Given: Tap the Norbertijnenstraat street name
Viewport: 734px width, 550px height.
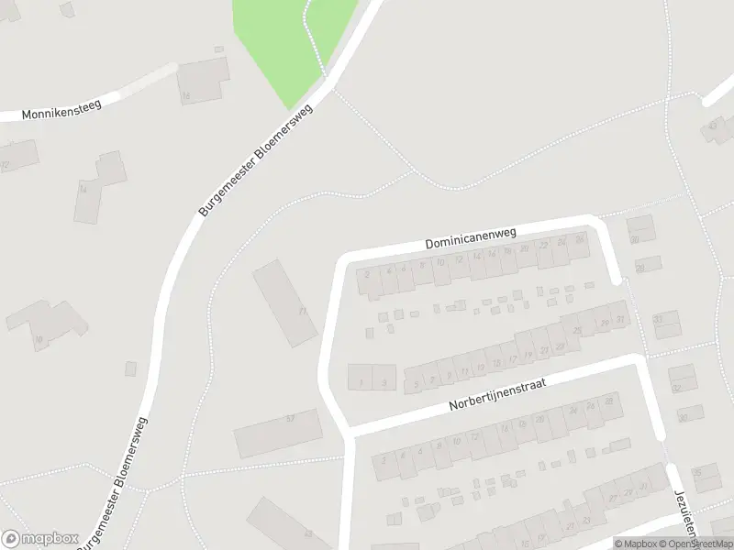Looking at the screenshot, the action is click(x=497, y=395).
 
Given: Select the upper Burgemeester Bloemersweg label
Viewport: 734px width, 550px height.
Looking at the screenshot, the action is click(x=256, y=160).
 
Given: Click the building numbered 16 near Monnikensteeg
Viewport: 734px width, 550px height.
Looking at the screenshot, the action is click(x=203, y=82).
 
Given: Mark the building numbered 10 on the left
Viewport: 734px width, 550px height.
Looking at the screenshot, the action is click(x=46, y=326).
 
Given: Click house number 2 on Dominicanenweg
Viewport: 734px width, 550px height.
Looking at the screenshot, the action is click(x=369, y=281).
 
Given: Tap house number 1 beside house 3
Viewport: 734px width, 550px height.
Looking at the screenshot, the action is click(x=361, y=376).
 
